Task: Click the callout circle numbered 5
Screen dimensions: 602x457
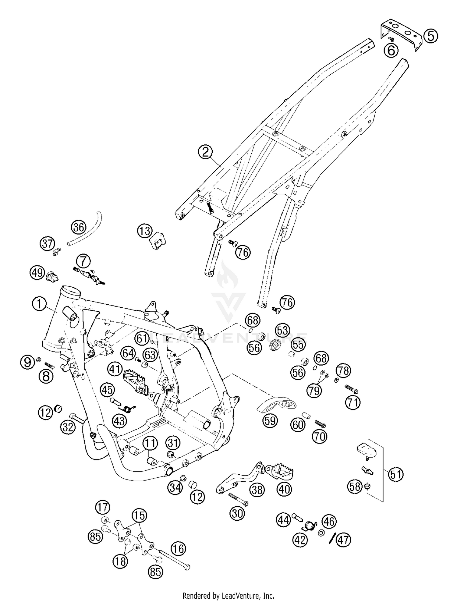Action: [x=431, y=36]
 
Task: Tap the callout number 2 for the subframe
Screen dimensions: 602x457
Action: [x=206, y=152]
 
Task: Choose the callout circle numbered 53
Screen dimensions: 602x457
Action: [x=283, y=330]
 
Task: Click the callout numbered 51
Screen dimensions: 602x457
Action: [x=395, y=474]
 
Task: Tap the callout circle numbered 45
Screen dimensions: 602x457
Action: [x=107, y=390]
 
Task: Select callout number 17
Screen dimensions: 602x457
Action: [x=102, y=508]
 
